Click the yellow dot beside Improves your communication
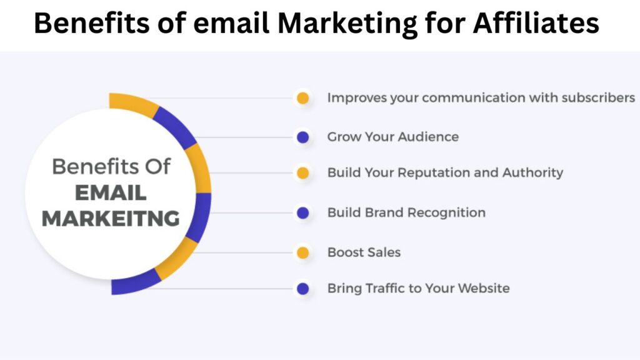tap(303, 98)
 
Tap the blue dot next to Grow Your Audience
tap(303, 137)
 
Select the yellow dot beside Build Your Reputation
tap(303, 173)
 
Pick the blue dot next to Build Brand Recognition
tap(303, 213)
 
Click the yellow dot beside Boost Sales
tap(303, 252)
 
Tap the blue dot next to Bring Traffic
tap(303, 289)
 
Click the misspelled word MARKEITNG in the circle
tap(111, 219)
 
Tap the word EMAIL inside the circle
tap(111, 192)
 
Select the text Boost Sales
tap(364, 252)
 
